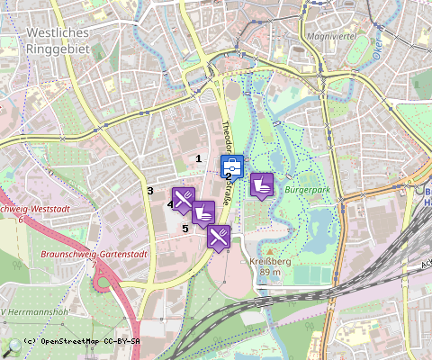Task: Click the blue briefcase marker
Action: coord(231,166)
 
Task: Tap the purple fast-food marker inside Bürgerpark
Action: coord(261,184)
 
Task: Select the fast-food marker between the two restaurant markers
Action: coord(203,212)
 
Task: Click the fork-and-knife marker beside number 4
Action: coord(183,199)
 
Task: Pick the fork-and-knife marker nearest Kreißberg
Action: coord(219,237)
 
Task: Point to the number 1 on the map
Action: coord(199,158)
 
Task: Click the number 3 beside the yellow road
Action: coord(150,191)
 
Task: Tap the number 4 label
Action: coord(169,204)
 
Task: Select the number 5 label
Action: coord(185,229)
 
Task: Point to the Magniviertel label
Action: coord(334,37)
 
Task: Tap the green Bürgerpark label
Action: coord(303,192)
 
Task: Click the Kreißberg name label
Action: coord(271,261)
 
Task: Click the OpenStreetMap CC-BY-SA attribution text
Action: coord(81,342)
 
